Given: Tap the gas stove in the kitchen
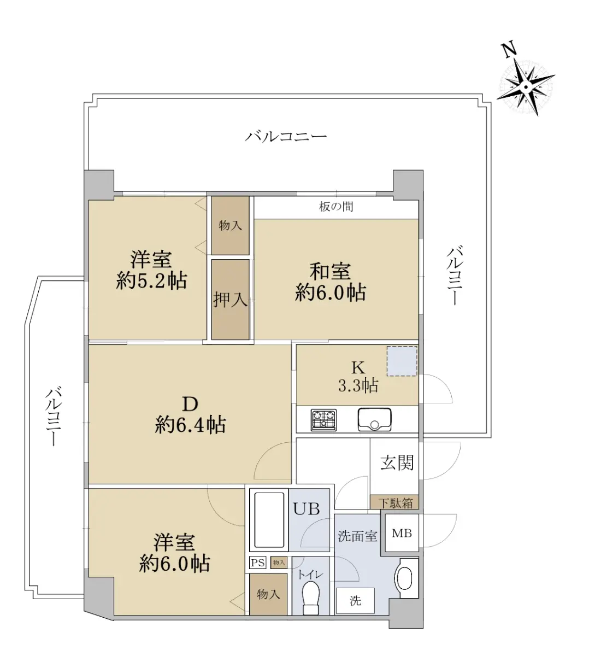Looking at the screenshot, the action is (323, 420).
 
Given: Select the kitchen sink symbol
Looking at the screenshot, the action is (374, 419).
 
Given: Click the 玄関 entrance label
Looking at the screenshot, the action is (397, 462).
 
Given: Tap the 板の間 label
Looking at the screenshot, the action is (336, 207).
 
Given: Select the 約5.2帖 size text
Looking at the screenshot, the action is (152, 280).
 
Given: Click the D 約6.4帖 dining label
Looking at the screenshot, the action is (190, 415).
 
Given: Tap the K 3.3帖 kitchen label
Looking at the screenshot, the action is (358, 377).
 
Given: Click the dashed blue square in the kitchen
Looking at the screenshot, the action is (402, 361).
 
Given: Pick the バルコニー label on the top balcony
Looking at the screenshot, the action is (286, 136).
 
